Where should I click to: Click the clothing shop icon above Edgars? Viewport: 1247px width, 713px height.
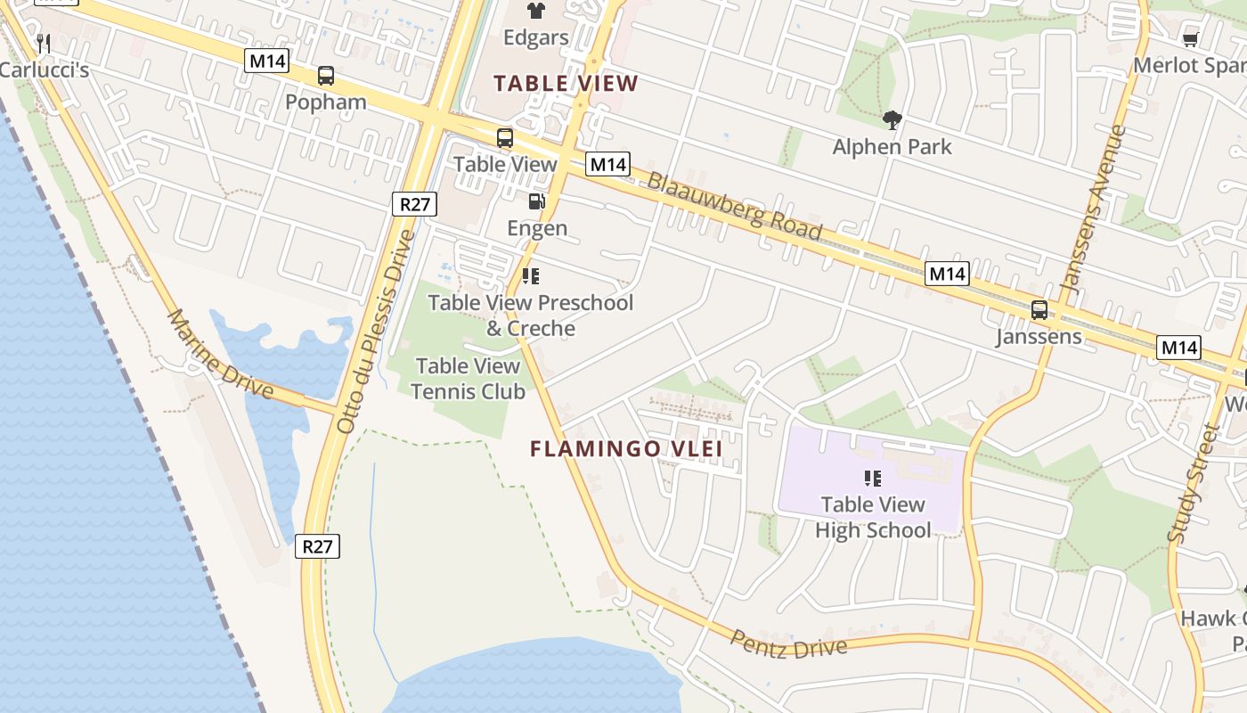point(535,11)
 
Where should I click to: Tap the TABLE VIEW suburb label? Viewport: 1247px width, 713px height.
point(566,84)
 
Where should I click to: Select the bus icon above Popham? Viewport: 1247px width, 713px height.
point(326,76)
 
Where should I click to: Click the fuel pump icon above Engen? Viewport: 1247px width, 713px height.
point(536,201)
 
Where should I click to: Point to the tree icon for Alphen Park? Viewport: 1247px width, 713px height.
point(892,120)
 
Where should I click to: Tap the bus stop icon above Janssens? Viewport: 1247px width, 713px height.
point(1039,310)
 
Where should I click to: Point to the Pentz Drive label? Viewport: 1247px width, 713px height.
point(788,644)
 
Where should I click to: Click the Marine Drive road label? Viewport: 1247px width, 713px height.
point(220,354)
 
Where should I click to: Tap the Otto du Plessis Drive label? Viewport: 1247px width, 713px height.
point(376,332)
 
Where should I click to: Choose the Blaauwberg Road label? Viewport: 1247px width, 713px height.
point(734,206)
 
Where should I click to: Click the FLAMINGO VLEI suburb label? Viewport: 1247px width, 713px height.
point(626,448)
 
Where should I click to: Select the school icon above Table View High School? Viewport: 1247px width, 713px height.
point(873,479)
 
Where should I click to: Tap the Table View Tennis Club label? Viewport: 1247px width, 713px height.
point(468,378)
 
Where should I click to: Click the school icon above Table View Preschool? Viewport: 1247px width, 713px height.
point(531,276)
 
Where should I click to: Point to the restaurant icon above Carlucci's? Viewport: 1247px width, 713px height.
point(42,42)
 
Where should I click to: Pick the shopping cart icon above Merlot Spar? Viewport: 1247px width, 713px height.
point(1190,39)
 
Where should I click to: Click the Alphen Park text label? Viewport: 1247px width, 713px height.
point(892,147)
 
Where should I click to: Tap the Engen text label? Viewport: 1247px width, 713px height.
point(537,228)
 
